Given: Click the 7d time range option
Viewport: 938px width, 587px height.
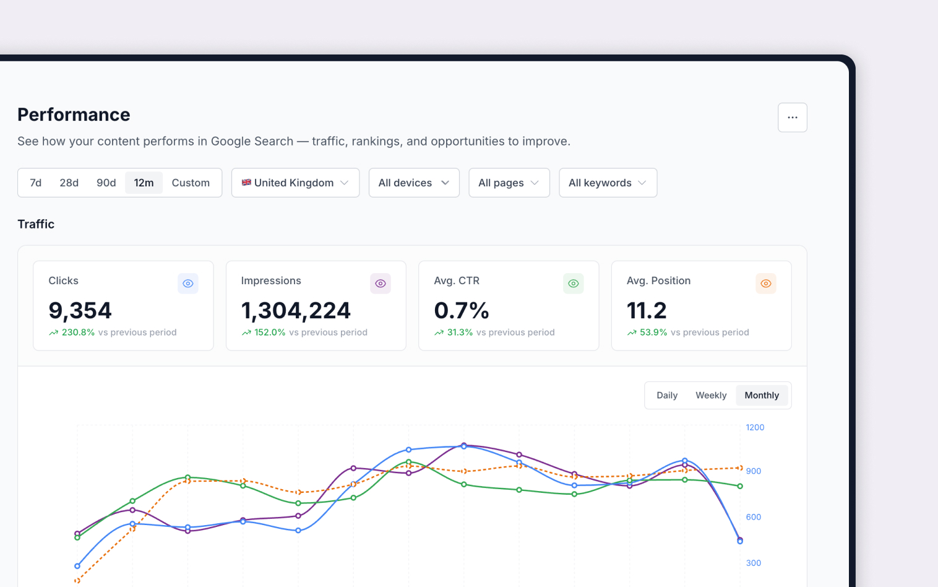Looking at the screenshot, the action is point(36,183).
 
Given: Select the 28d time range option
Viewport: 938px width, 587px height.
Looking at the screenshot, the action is point(69,183).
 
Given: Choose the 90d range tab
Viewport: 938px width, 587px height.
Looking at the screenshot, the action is point(106,183).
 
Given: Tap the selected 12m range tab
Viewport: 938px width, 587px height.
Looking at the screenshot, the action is point(144,183).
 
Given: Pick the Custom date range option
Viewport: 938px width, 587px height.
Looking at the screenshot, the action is point(191,183).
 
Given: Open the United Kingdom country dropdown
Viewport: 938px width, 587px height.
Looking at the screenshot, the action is point(295,183).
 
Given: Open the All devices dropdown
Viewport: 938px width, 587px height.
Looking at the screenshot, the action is point(414,183).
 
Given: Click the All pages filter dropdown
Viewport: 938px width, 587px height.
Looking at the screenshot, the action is point(509,183).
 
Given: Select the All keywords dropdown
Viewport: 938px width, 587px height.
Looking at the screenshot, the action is point(608,183).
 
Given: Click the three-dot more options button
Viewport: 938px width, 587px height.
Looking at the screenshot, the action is point(792,117).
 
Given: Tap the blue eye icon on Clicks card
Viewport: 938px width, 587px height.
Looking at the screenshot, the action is point(188,283).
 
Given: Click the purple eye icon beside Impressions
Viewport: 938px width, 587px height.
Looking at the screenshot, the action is point(381,283).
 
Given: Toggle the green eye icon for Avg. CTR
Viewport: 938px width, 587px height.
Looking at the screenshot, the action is point(574,283).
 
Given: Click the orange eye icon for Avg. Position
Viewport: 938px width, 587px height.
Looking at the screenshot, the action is point(766,283).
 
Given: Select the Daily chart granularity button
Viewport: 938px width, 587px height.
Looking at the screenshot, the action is point(666,395).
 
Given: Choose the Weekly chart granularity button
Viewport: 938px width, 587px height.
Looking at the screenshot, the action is point(711,395).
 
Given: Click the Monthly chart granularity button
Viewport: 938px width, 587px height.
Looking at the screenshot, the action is point(762,395).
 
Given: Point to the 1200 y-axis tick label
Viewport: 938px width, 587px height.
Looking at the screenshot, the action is point(755,427).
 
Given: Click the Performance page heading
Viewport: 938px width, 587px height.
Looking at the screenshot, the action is point(74,115).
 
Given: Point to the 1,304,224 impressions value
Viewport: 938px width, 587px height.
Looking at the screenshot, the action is point(296,310).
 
